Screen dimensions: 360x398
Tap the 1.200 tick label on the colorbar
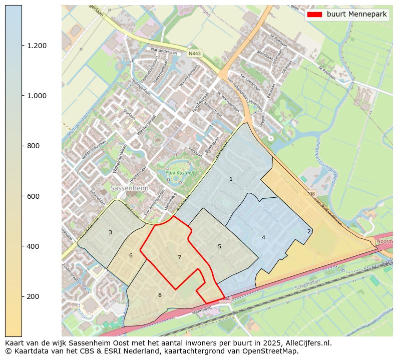coord(37,46)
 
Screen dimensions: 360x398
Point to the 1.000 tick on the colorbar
coord(37,96)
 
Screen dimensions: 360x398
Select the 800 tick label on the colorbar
coord(33,146)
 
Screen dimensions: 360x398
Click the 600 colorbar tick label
coord(33,196)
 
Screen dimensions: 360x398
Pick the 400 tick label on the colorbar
coord(33,246)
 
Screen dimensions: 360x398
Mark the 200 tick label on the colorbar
coord(33,296)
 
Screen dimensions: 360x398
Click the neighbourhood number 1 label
coord(231,179)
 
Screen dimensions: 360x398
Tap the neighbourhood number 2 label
coord(309,231)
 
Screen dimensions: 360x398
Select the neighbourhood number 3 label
coord(110,232)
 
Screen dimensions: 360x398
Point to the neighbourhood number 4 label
coord(263,237)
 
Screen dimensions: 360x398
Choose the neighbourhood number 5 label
coord(219,246)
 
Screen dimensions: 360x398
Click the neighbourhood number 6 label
coord(131,255)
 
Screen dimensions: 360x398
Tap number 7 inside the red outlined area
coord(179,257)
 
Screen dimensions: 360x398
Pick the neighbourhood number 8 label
coord(160,295)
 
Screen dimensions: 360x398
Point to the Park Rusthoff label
coord(181,173)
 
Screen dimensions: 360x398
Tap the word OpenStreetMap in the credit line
coord(272,351)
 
